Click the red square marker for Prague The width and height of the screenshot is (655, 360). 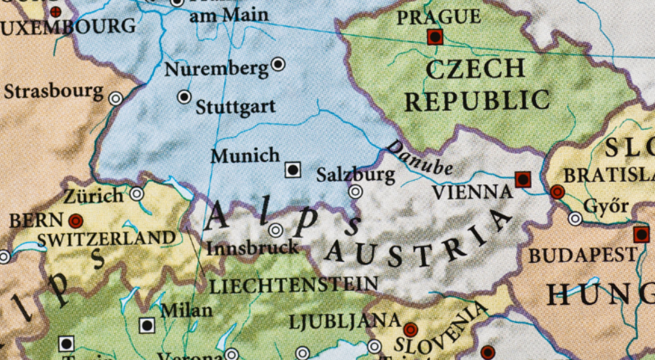click(435, 37)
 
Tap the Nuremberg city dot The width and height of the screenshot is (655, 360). click(278, 64)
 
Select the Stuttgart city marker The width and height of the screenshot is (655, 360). click(184, 97)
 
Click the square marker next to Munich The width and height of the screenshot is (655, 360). click(293, 170)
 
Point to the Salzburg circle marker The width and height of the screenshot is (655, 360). click(355, 191)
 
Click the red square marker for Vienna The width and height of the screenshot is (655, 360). click(523, 179)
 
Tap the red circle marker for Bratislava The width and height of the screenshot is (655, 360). click(557, 191)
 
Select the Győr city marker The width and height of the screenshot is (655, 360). click(575, 219)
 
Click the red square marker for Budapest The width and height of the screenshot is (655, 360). click(641, 235)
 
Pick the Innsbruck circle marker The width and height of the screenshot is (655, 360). click(276, 230)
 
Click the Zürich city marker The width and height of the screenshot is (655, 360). click(136, 194)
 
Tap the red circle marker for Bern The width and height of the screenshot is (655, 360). click(75, 221)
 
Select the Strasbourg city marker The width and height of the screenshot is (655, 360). click(115, 99)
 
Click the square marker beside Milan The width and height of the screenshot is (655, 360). click(147, 326)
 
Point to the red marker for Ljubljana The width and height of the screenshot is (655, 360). click(410, 329)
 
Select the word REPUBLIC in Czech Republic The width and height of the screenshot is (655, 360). click(477, 101)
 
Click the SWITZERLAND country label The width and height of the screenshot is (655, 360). click(106, 239)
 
